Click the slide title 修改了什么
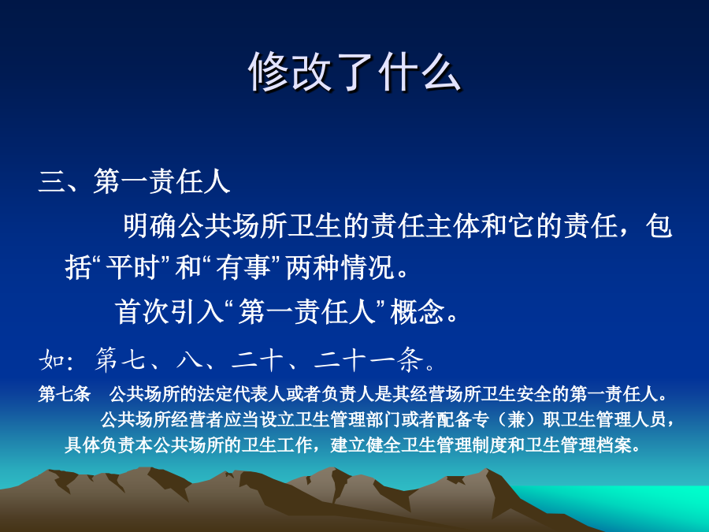click(x=355, y=73)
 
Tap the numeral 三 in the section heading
click(x=52, y=182)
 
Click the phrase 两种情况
click(x=340, y=267)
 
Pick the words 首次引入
click(x=169, y=311)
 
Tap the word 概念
click(x=418, y=311)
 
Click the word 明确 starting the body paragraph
click(x=150, y=225)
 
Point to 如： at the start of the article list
click(x=56, y=360)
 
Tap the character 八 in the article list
click(x=189, y=360)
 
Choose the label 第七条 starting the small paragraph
click(x=65, y=394)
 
